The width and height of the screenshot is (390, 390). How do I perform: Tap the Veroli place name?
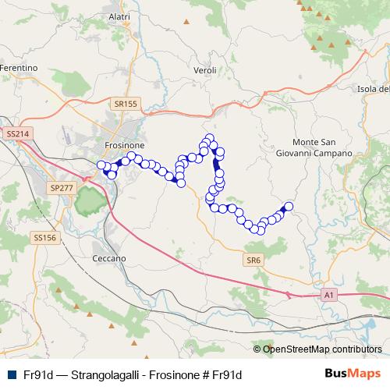[204, 69]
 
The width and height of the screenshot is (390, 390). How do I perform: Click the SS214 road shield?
[16, 134]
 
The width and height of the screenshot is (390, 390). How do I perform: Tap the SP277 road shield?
[60, 188]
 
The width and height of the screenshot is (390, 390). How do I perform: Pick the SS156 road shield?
[44, 237]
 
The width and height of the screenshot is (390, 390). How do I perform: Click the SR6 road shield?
[252, 259]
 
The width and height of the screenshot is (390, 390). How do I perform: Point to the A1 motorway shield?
[329, 295]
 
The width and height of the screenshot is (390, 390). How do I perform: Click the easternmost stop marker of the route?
[288, 207]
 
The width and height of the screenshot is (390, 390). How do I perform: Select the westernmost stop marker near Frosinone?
[100, 165]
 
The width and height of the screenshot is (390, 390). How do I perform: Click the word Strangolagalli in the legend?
[103, 374]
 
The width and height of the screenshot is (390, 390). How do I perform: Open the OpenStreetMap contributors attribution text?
[322, 349]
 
